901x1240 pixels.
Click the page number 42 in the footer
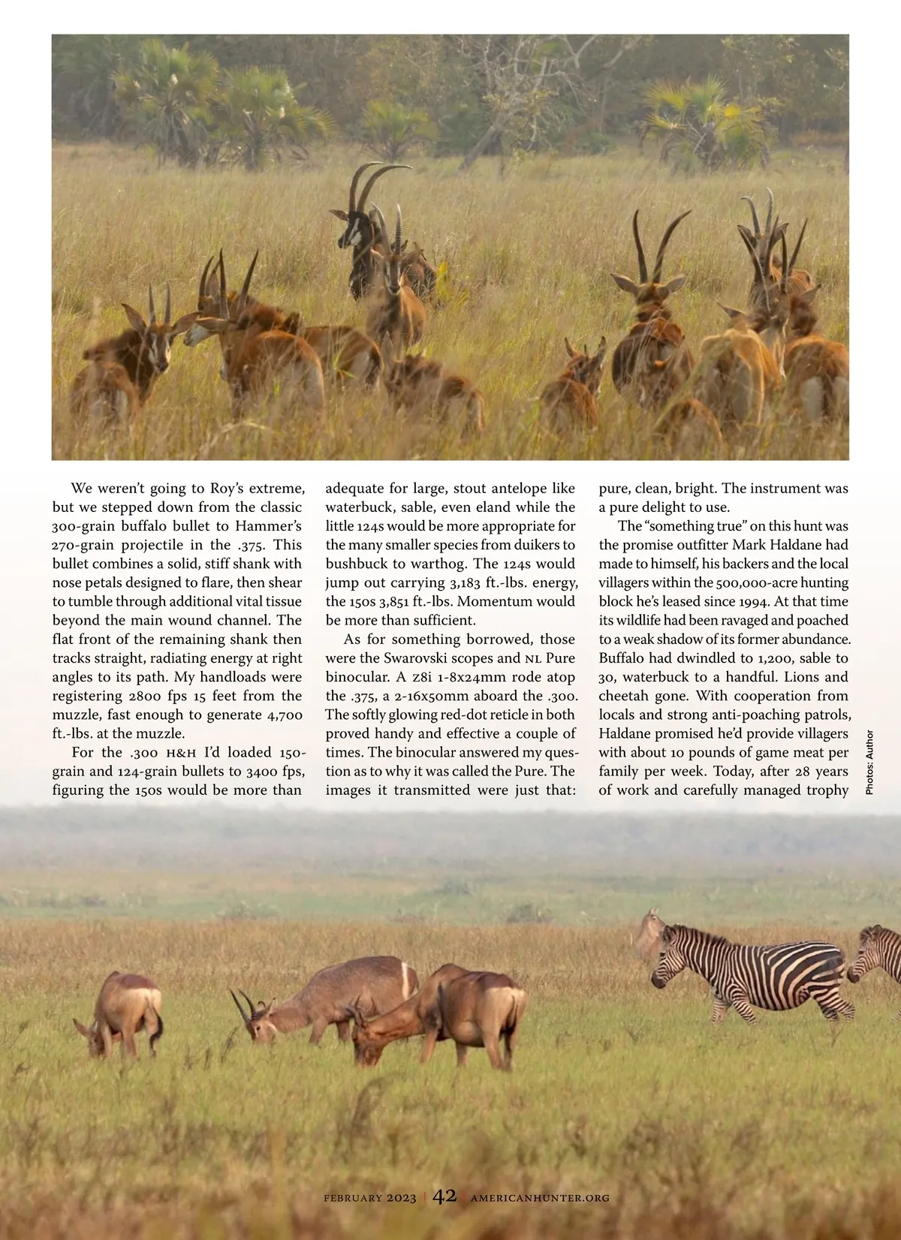444,1195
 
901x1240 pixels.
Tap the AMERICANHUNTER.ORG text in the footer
540,1198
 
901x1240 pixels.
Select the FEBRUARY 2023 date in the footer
369,1198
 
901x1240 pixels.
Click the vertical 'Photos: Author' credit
869,762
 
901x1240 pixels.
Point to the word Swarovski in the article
413,658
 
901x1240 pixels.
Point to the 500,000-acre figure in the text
679,582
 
